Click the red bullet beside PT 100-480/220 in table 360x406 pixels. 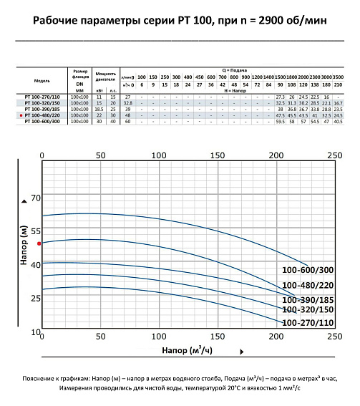(x=21, y=115)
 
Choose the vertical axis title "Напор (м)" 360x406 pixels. (x=24, y=246)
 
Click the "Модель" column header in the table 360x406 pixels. (x=42, y=81)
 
